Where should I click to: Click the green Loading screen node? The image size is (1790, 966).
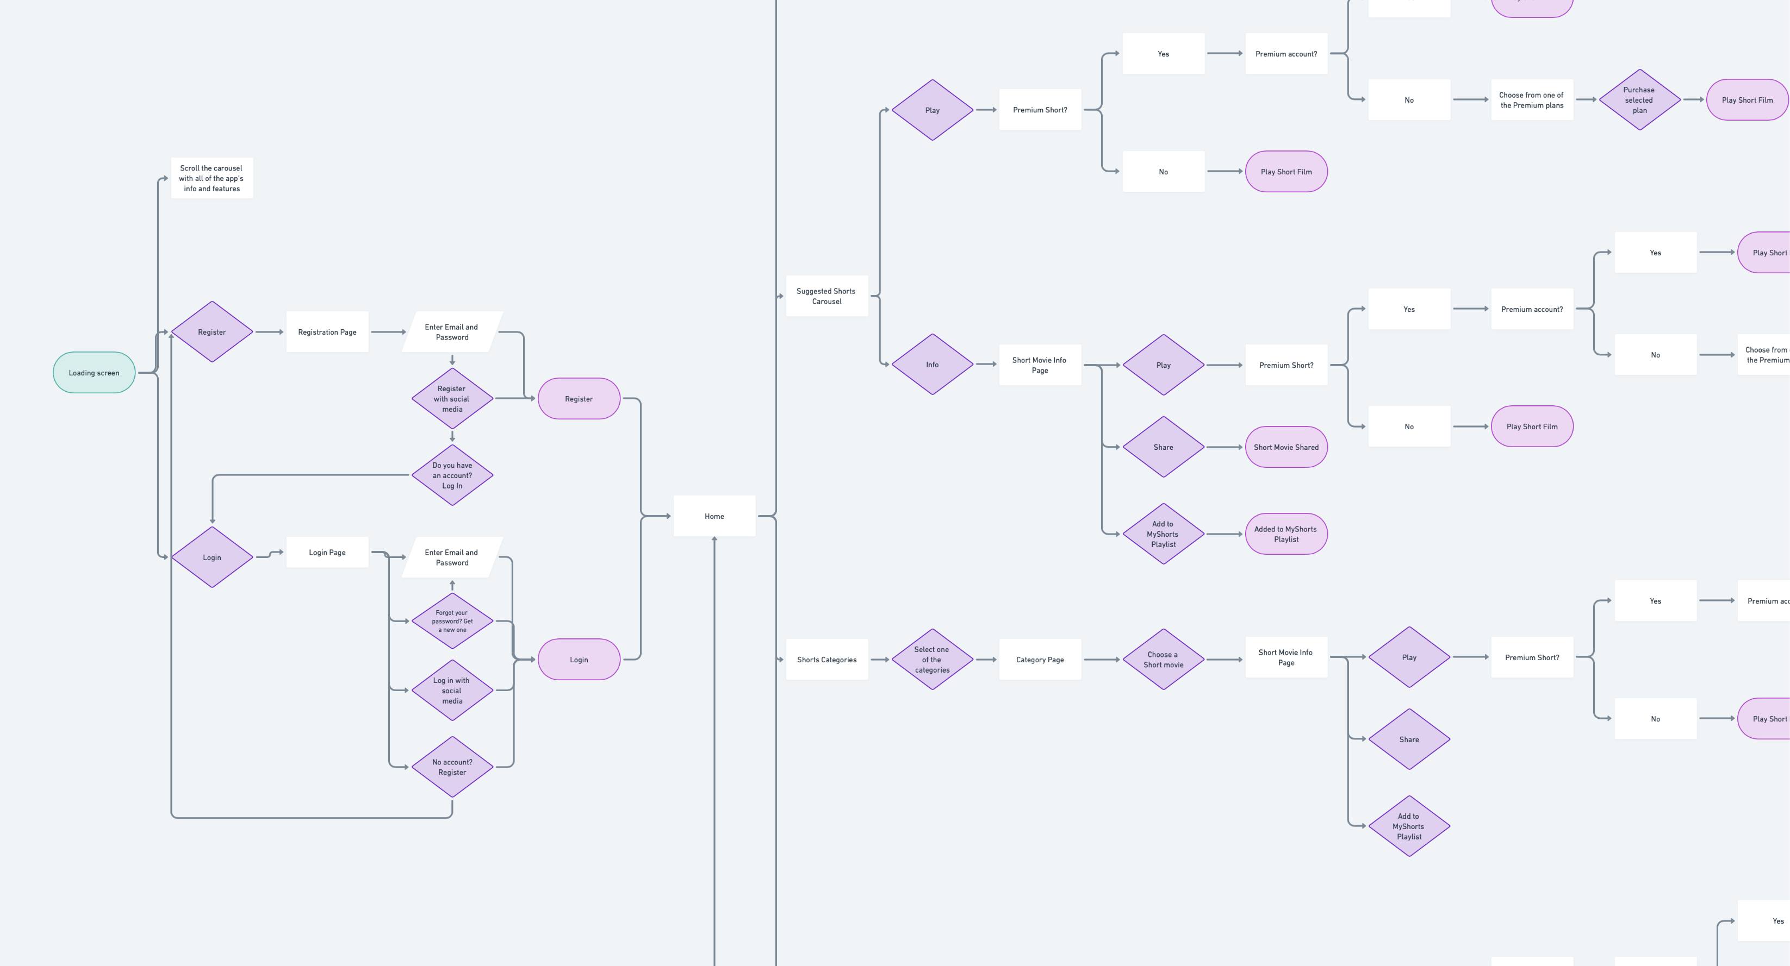[94, 373]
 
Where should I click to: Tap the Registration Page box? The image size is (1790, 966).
[327, 332]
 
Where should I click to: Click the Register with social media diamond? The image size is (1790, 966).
[452, 399]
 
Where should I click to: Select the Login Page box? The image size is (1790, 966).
[327, 553]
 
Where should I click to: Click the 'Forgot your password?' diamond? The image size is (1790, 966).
[452, 621]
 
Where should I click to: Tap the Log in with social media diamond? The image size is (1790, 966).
[452, 691]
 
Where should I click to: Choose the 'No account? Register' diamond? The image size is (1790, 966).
[452, 767]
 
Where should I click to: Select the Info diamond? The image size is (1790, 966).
[933, 365]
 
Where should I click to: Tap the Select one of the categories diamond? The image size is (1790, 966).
[933, 660]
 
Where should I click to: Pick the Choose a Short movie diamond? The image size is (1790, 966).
[1163, 660]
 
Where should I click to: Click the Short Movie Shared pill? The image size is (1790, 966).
[1286, 447]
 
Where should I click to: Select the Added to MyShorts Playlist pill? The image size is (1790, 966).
[1286, 534]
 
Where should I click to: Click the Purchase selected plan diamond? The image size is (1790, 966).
[1639, 100]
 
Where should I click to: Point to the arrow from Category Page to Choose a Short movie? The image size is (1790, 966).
[1102, 660]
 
